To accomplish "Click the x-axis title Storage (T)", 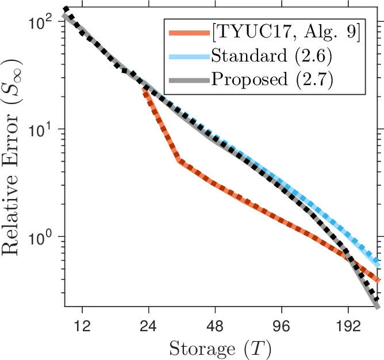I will pos(221,347).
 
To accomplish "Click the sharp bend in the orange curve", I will pos(179,161).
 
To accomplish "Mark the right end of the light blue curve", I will pos(378,264).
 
